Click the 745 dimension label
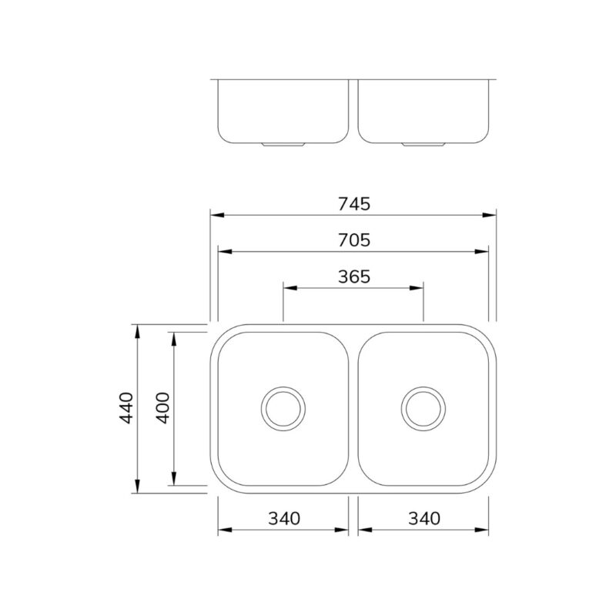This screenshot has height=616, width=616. click(354, 204)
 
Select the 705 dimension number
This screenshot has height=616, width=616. click(354, 240)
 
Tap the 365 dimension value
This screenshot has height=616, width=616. click(354, 276)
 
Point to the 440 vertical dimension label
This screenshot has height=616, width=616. click(126, 408)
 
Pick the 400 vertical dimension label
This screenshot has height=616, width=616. click(162, 408)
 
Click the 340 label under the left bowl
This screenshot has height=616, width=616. click(284, 518)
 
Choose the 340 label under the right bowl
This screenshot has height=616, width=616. click(424, 518)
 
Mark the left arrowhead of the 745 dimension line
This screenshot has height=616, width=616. click(217, 215)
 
